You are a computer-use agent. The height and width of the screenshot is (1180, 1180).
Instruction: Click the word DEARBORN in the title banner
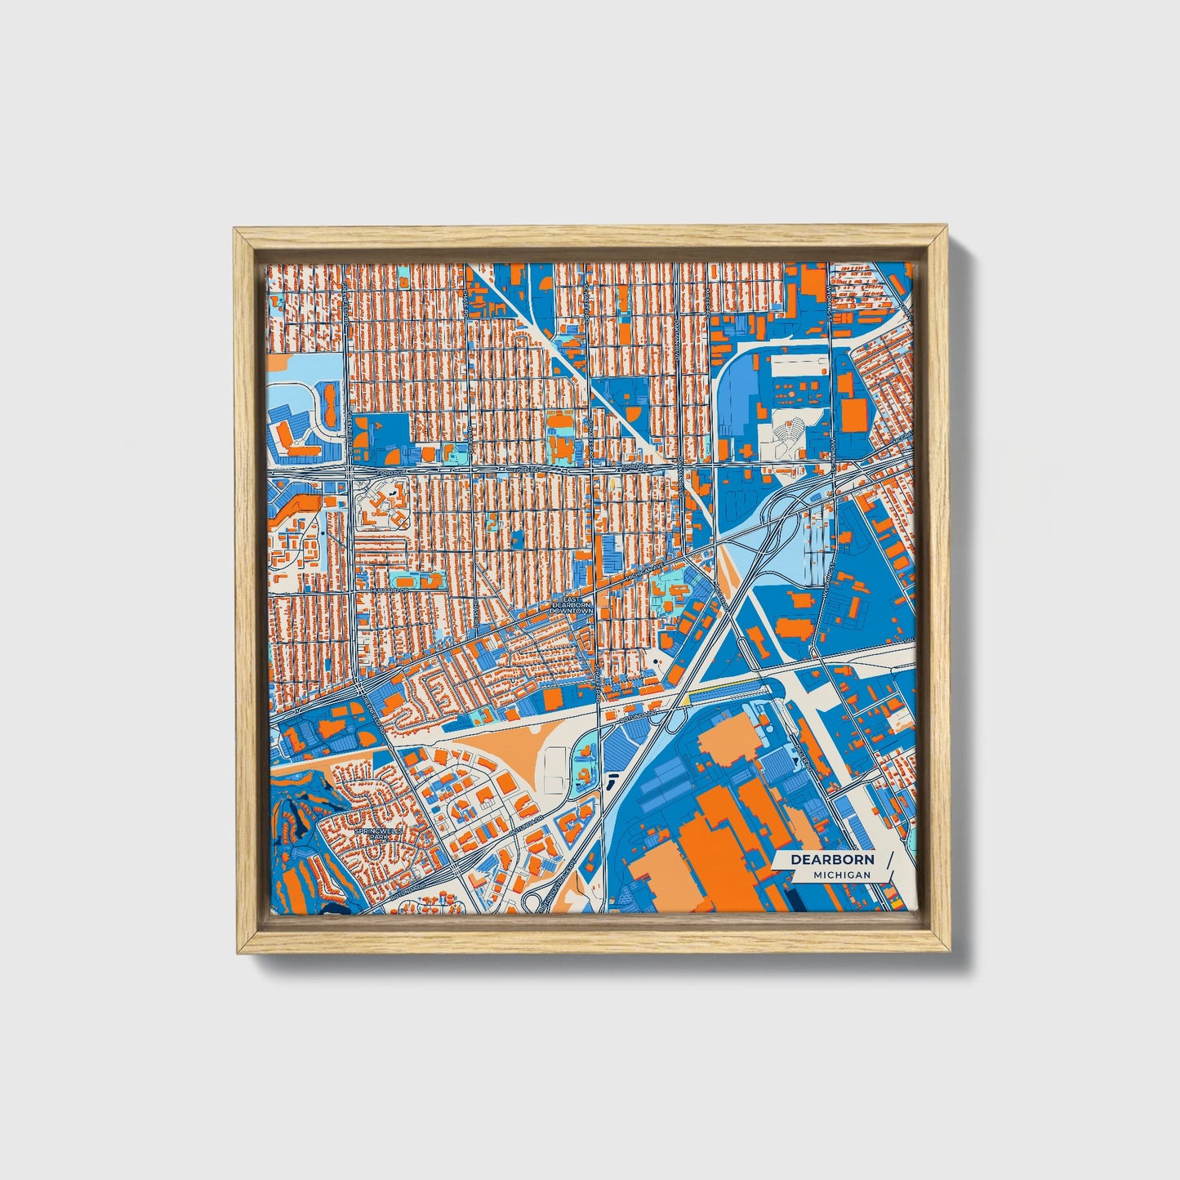point(831,859)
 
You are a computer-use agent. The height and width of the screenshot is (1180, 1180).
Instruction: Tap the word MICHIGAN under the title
point(841,875)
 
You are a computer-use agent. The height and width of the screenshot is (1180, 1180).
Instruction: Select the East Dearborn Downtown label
point(571,605)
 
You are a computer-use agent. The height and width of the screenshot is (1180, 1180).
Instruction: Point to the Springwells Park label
point(374,834)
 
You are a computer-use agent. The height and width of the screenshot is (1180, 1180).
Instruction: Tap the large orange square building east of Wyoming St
point(855,413)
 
